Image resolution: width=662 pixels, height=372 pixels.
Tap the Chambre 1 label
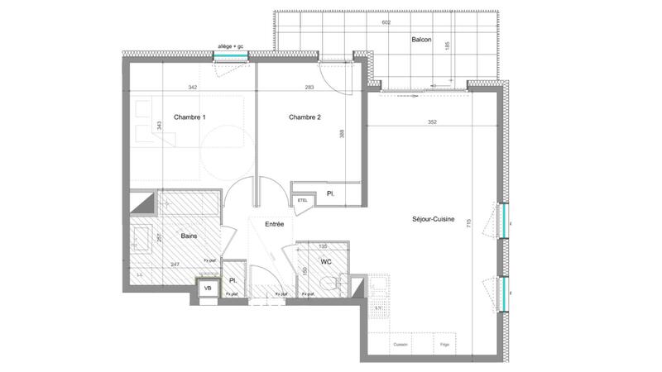[x=189, y=117]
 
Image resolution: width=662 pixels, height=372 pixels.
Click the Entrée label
[x=274, y=224]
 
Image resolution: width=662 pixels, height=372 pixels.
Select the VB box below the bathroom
[x=208, y=289]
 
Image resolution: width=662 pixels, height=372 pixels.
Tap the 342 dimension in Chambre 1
[x=192, y=87]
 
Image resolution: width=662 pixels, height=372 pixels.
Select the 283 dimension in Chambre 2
[x=286, y=87]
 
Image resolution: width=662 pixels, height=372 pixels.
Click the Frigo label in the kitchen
[x=444, y=344]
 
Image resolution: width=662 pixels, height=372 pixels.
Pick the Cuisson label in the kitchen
[x=400, y=344]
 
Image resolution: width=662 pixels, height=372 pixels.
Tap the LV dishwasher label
[x=379, y=308]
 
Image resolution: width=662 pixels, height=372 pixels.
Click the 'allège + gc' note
[x=231, y=46]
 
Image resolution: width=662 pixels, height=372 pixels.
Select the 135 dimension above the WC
[x=324, y=246]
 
